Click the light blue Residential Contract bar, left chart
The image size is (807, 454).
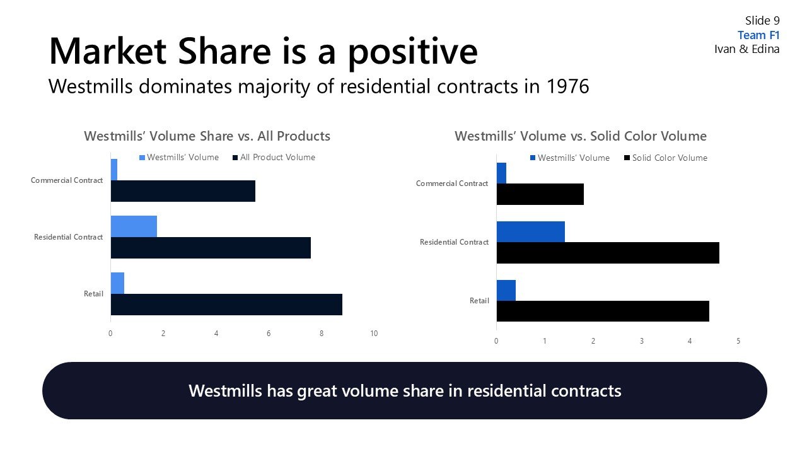click(134, 226)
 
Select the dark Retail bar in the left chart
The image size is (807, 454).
click(226, 305)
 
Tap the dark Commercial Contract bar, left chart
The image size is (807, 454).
click(183, 191)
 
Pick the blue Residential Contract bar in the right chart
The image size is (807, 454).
click(530, 231)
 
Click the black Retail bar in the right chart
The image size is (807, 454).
click(603, 311)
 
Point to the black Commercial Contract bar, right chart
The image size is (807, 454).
click(540, 194)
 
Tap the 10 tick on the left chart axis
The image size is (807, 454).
click(374, 334)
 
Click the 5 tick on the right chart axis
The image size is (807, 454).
click(738, 341)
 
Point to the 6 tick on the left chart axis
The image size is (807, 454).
click(269, 334)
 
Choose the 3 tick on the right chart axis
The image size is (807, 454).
click(642, 341)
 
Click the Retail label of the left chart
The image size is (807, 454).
click(93, 294)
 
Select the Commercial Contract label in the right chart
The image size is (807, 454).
click(451, 183)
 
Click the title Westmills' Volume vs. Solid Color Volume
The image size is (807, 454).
click(580, 136)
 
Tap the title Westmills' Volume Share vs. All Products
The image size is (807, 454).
click(207, 136)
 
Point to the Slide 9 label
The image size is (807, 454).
click(762, 21)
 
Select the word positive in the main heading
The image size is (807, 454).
click(412, 52)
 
